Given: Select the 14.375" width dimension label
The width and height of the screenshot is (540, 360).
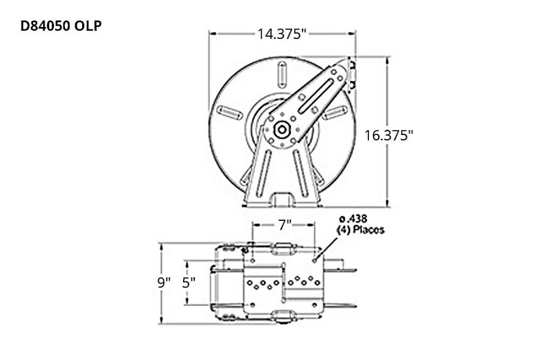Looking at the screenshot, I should tap(282, 34).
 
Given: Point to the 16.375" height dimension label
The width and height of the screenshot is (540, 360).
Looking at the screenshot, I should tap(389, 135).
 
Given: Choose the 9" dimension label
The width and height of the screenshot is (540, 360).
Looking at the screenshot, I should tap(164, 282).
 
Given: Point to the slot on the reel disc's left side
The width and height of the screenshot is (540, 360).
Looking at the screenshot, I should tap(229, 112).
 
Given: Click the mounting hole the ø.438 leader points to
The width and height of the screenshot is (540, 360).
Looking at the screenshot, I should tap(314, 261).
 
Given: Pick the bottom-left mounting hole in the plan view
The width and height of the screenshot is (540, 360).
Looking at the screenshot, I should tap(253, 304).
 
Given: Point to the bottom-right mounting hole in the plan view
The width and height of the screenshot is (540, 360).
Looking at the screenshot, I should tap(314, 304).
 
